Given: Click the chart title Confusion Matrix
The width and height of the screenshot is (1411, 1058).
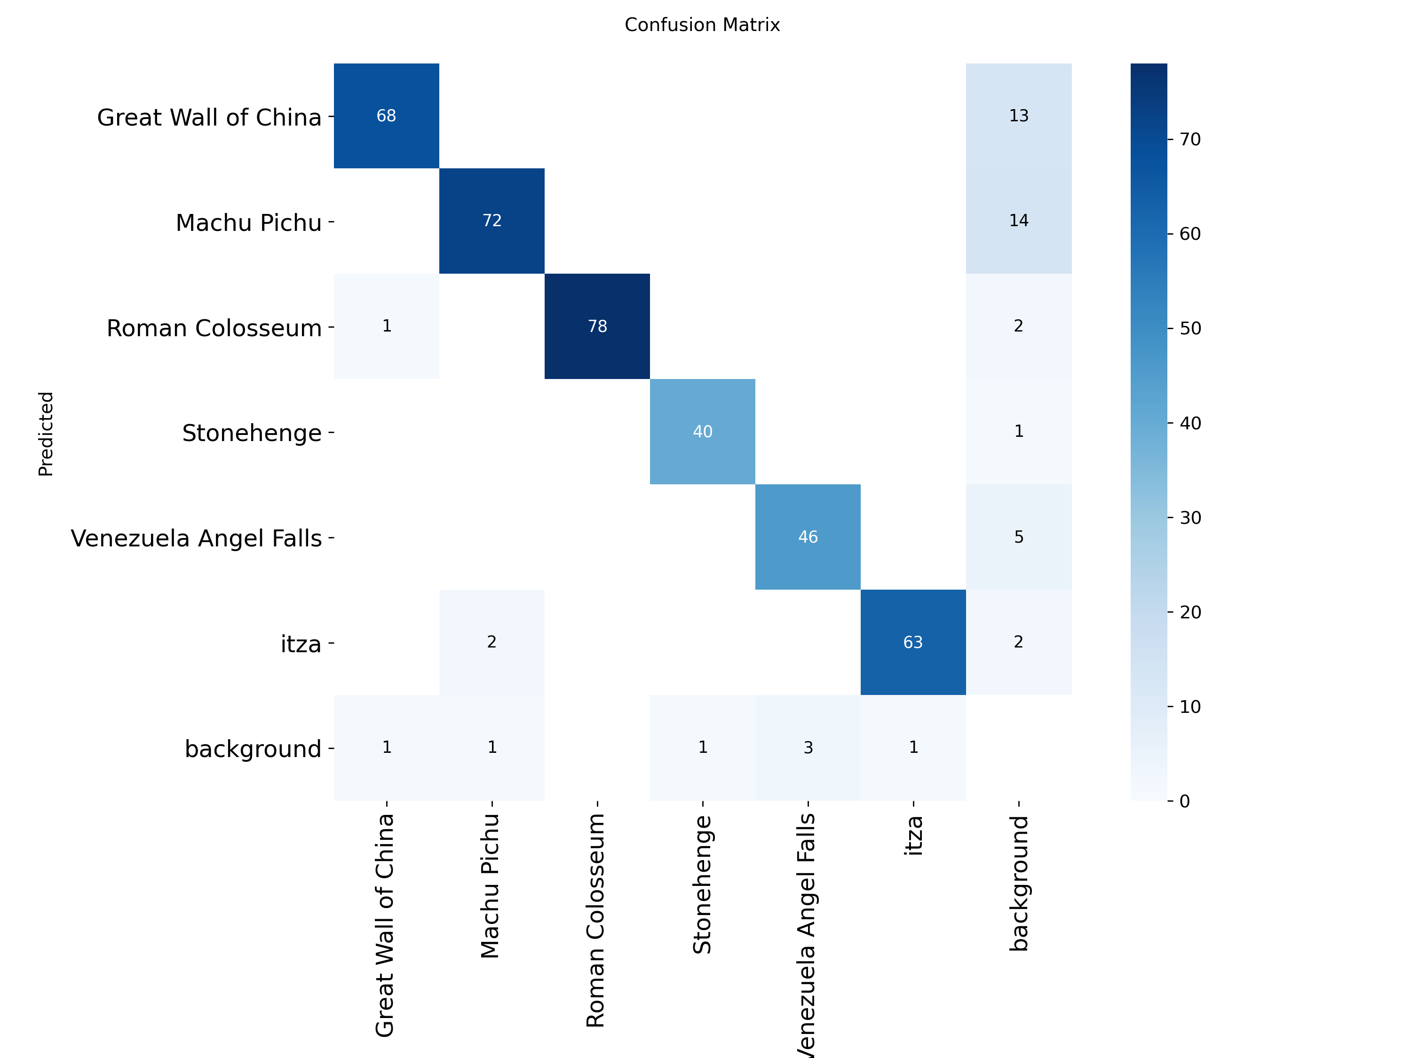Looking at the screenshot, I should [x=702, y=25].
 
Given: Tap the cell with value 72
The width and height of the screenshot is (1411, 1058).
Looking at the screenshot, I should [x=492, y=221].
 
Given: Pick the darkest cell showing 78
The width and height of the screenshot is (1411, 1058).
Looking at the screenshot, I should [x=597, y=326].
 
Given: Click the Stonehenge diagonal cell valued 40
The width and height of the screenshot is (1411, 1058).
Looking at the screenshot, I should [x=702, y=432].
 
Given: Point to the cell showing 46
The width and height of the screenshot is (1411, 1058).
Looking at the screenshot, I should [x=808, y=537].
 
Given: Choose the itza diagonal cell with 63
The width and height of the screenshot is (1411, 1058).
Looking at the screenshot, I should [x=913, y=642].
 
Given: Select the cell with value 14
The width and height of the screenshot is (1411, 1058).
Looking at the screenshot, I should [x=1019, y=221].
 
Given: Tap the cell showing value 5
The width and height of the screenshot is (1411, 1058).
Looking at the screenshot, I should [x=1019, y=537].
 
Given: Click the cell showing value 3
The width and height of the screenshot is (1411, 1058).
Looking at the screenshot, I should [x=808, y=748].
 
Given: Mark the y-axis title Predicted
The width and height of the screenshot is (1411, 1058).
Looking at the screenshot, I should [x=46, y=434].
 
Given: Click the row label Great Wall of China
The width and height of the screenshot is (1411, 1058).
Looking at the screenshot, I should [x=209, y=118].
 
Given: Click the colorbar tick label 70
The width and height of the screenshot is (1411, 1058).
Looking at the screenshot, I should [x=1189, y=139].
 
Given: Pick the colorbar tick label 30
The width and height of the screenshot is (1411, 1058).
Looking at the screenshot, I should [x=1189, y=517].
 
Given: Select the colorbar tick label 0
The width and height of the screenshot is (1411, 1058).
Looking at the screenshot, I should [x=1185, y=801].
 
